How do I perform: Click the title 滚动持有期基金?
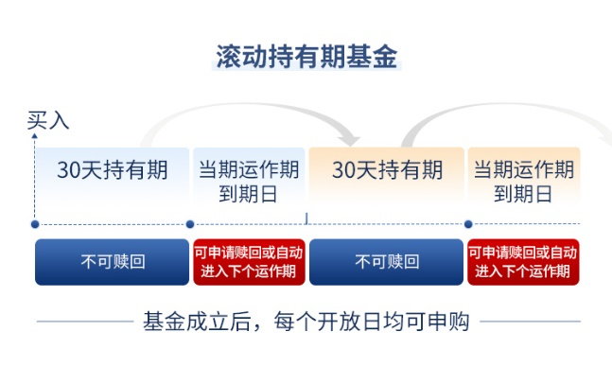[x=306, y=57]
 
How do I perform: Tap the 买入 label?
[x=48, y=120]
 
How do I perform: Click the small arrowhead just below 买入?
[x=35, y=136]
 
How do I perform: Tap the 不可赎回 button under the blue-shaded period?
[x=112, y=262]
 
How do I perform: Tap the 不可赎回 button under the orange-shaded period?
[x=387, y=262]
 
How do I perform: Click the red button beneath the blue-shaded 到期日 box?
[x=249, y=262]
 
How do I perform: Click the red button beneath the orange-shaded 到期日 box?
[x=523, y=262]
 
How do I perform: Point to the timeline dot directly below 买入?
[x=35, y=224]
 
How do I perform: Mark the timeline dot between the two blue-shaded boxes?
[x=190, y=224]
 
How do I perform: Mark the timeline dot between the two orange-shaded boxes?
[x=468, y=224]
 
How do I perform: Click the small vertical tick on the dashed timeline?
[x=306, y=218]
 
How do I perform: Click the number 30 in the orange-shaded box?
[x=343, y=169]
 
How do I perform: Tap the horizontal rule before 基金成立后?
[x=85, y=322]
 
